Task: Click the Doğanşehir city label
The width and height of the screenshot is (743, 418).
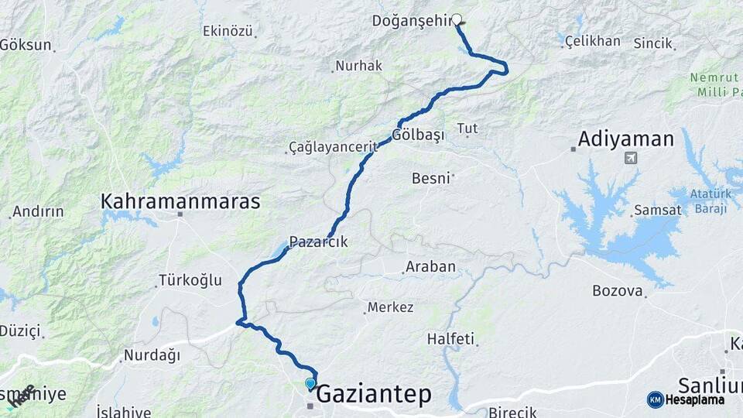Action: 411,21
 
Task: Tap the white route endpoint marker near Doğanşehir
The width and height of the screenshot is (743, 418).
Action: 457,20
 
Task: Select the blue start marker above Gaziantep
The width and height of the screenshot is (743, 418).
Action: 310,383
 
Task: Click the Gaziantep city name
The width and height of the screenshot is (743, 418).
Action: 374,394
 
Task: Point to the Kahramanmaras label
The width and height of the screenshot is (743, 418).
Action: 180,201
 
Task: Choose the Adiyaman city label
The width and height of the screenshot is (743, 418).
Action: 626,140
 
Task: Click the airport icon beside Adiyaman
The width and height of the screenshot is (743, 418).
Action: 631,159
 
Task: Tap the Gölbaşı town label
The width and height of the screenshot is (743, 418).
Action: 418,135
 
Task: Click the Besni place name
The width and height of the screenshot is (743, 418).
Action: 431,178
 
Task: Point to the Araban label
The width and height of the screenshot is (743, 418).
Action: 430,267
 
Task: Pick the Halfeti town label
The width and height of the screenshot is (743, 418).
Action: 450,339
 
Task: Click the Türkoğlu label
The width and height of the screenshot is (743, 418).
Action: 190,279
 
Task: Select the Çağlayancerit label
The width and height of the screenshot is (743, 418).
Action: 333,146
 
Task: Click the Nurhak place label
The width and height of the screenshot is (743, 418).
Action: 358,66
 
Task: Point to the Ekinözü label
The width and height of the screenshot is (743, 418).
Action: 228,31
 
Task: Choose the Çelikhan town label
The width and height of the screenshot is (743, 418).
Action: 593,41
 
